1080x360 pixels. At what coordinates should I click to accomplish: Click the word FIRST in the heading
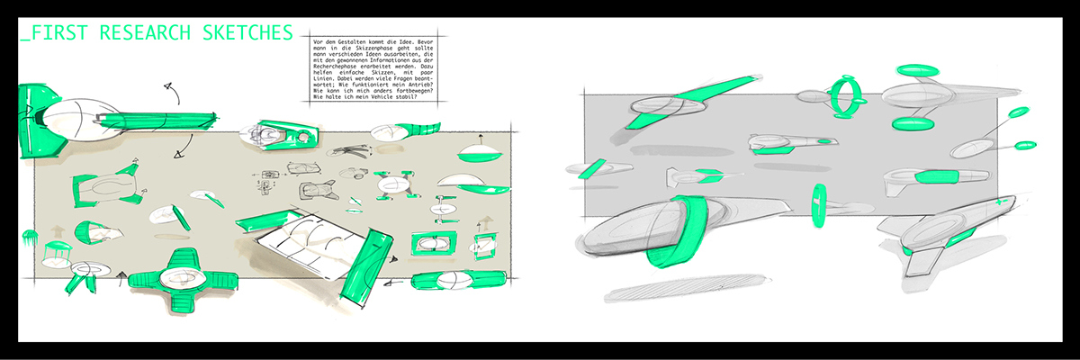pyautogui.click(x=63, y=33)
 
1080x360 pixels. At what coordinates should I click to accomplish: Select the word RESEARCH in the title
pyautogui.click(x=143, y=33)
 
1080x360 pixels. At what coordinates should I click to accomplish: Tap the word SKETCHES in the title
pyautogui.click(x=242, y=33)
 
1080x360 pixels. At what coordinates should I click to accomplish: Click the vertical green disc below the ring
pyautogui.click(x=819, y=205)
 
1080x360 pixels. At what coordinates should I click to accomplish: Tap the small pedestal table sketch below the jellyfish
pyautogui.click(x=56, y=253)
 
